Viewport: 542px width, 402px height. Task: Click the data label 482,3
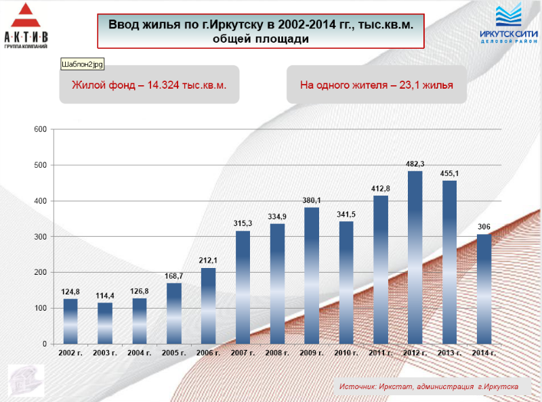415,164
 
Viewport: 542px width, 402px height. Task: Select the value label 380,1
312,200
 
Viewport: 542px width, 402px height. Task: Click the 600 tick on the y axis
40,130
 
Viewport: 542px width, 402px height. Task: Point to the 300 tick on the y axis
40,237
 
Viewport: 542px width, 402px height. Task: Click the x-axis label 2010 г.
346,353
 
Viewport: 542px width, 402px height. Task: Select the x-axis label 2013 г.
449,353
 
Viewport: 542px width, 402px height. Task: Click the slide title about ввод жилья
261,31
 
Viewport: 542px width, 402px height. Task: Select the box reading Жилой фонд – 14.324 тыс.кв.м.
149,85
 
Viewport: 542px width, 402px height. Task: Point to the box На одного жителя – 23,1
377,85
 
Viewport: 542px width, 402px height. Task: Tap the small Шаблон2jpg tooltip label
85,64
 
